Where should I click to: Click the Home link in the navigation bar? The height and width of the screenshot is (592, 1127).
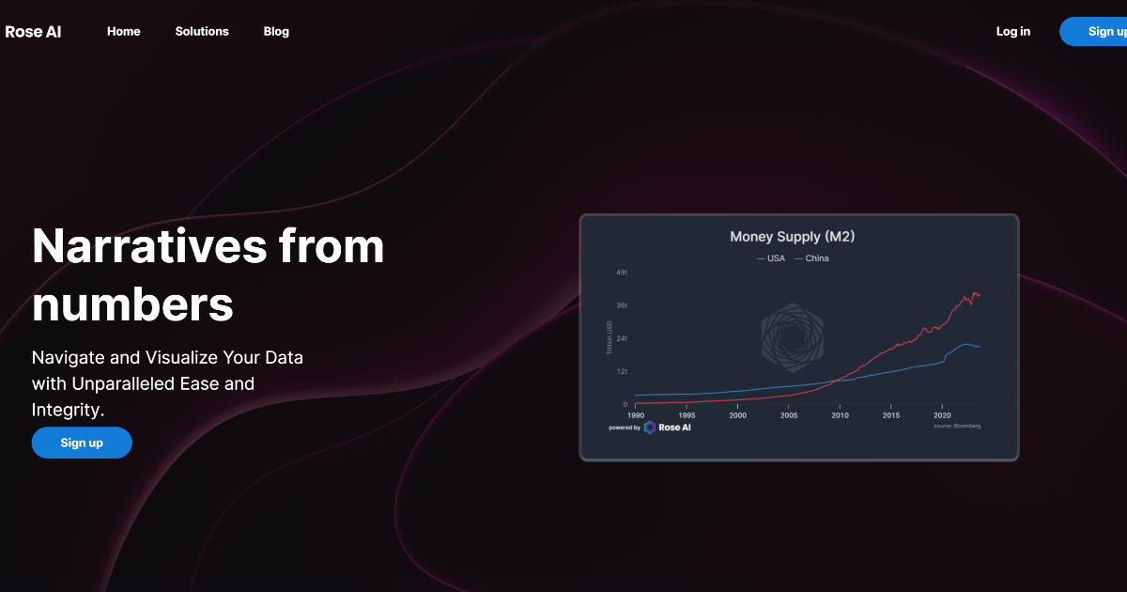coord(123,31)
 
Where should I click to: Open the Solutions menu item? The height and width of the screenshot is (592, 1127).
coord(202,31)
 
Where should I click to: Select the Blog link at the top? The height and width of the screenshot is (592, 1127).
coord(276,31)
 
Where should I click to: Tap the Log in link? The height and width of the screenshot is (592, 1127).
coord(1012,31)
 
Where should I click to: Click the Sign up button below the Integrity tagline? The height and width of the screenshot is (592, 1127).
coord(82,443)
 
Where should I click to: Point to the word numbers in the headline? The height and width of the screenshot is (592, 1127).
coord(132,304)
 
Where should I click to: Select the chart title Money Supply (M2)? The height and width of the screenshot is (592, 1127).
coord(792,236)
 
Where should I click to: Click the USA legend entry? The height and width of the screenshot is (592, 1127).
coord(771,258)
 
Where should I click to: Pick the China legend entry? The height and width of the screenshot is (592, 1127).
coord(812,258)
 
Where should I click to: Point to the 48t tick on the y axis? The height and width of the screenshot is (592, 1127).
coord(622,273)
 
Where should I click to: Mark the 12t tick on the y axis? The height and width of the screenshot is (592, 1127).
coord(622,371)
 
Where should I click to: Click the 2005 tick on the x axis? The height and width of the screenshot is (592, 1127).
coord(789,414)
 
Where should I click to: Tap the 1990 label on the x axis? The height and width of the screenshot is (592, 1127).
coord(636,414)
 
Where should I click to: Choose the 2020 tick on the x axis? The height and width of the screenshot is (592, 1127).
coord(942,414)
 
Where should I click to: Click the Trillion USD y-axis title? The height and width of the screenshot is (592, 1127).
coord(610,338)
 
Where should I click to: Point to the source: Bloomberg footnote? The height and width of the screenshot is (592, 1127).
coord(957,426)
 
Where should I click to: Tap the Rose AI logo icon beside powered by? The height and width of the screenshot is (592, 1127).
coord(650,428)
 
